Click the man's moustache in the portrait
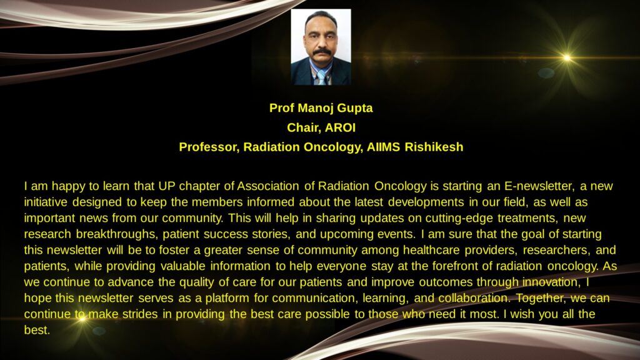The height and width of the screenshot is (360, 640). pos(322,52)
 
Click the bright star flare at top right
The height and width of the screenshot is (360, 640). pos(567,58)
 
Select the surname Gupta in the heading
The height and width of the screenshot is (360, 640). pos(355,108)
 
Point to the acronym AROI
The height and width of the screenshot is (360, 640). pos(340,127)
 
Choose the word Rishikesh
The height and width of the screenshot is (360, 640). pos(434,147)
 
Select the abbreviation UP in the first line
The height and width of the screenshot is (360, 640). pos(166,186)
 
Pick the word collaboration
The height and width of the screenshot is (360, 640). pos(474,298)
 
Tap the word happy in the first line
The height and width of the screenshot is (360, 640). pos(68,186)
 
